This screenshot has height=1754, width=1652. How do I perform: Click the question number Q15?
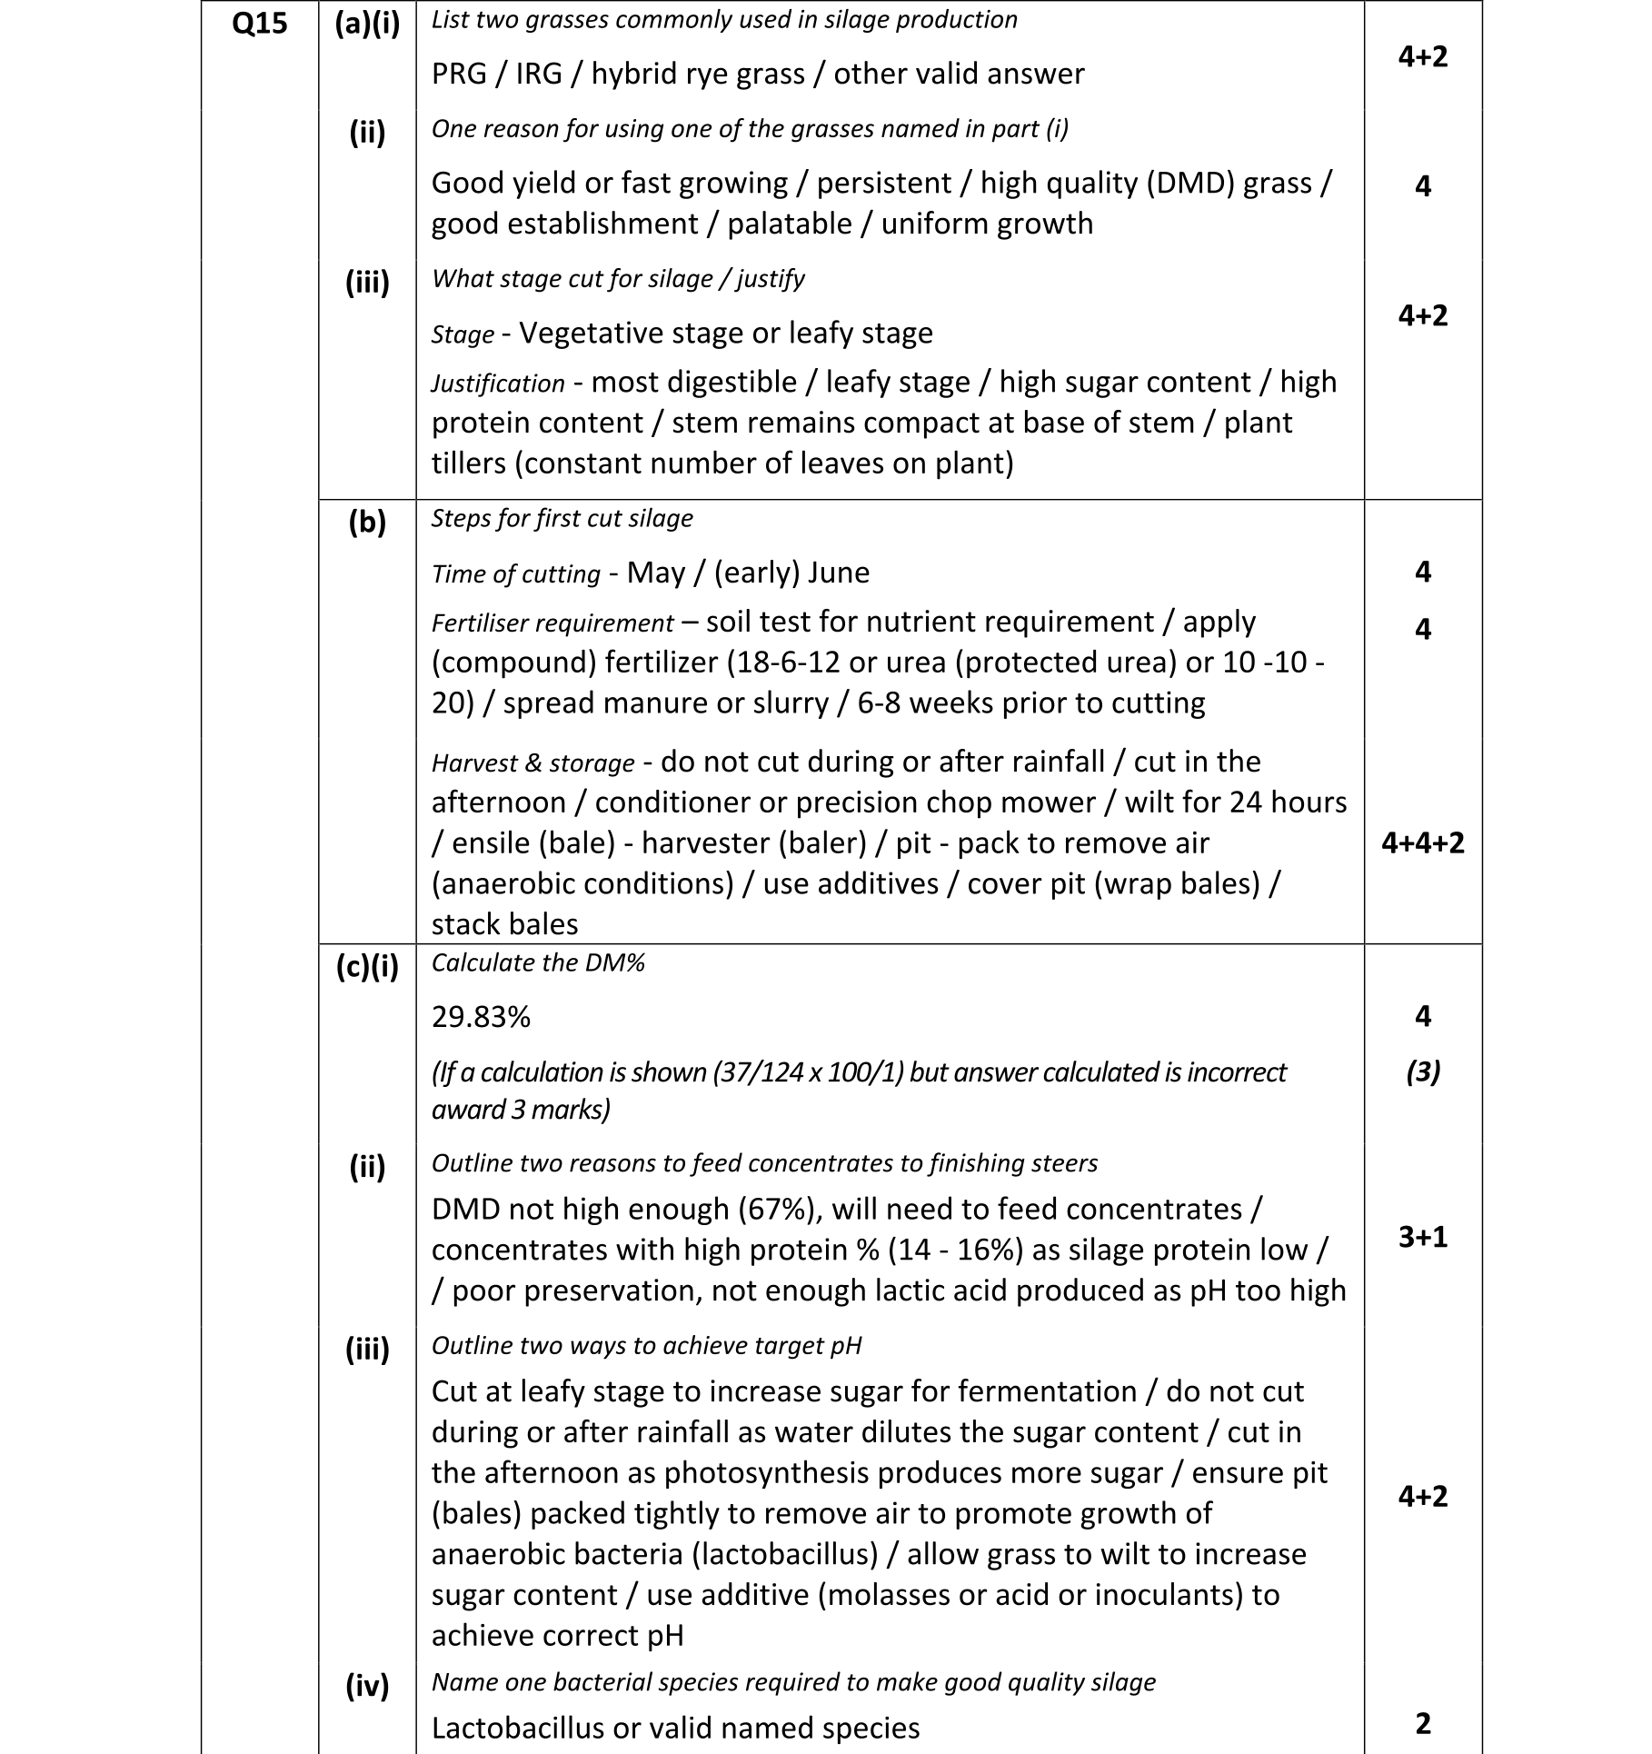[x=259, y=23]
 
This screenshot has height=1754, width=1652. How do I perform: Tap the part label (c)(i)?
[x=367, y=966]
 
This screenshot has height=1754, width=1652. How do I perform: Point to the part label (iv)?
[x=367, y=1686]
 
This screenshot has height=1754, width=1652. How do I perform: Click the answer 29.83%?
[x=481, y=1017]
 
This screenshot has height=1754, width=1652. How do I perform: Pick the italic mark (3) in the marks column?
[x=1422, y=1072]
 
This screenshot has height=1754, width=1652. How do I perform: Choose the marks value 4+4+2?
[x=1422, y=843]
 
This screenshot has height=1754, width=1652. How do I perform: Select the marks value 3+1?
[x=1422, y=1237]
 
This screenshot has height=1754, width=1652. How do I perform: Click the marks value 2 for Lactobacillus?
[x=1422, y=1724]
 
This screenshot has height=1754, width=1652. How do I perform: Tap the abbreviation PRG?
[x=460, y=74]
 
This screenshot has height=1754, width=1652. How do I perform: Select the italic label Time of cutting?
[x=515, y=574]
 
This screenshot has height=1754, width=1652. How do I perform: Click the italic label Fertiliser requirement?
[x=552, y=623]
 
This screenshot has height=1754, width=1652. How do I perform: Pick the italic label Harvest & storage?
[x=532, y=763]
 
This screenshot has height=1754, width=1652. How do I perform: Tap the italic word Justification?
[x=498, y=384]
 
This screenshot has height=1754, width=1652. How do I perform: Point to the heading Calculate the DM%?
[x=538, y=963]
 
